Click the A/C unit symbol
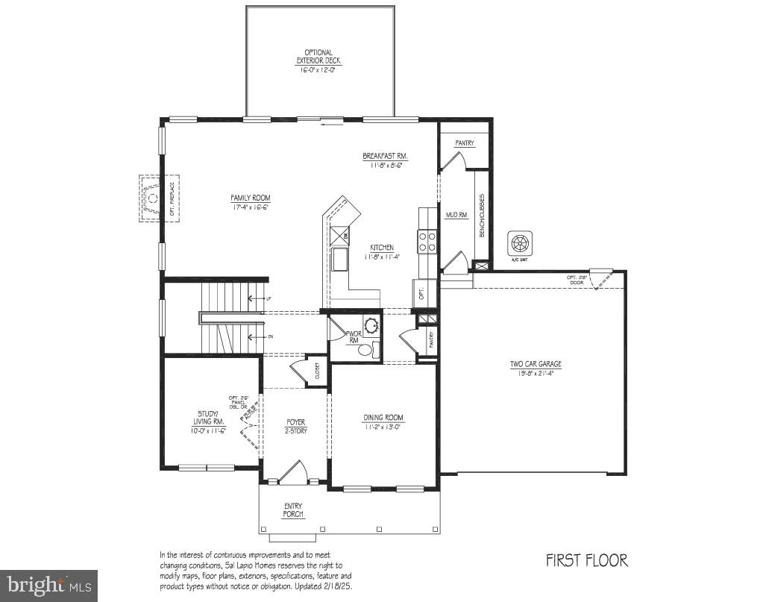(520, 242)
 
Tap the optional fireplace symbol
(151, 199)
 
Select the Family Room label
(249, 202)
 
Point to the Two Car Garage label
(536, 369)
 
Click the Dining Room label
(383, 422)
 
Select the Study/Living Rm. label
(209, 422)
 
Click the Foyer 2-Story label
(296, 427)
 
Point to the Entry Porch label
(293, 510)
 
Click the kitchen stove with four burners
(427, 241)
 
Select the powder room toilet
(366, 349)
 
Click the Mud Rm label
(456, 215)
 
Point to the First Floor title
(586, 559)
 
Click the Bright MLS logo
(49, 585)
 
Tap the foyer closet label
(317, 371)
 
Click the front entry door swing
(295, 471)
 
